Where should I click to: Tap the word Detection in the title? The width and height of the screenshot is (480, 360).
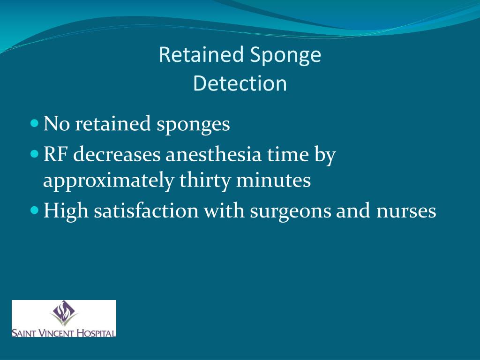pos(240,83)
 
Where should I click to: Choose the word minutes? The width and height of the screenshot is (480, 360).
pos(273,180)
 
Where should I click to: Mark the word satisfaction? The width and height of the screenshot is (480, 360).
pos(146,211)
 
